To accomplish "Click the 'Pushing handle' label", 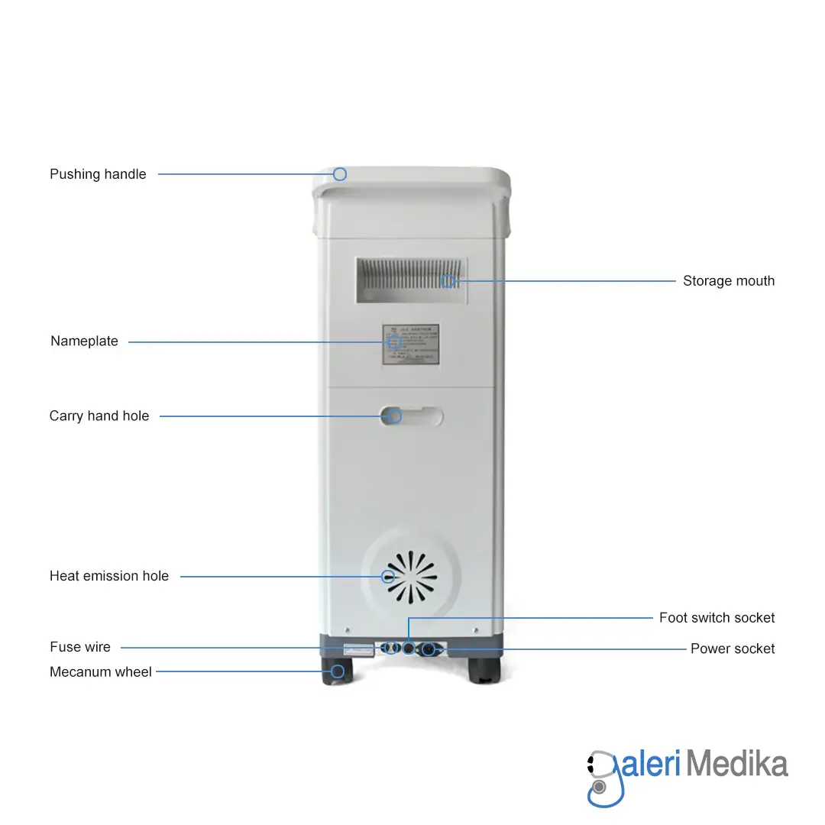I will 98,174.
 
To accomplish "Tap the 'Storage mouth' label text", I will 728,281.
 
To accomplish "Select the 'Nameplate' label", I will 84,341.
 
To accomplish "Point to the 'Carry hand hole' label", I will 99,416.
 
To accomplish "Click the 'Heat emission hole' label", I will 109,576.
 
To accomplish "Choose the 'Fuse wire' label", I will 80,647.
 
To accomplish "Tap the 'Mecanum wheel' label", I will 101,672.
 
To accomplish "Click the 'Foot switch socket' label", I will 717,617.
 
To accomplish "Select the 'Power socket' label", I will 732,649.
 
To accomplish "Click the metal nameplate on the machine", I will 411,346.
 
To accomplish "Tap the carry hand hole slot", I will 412,416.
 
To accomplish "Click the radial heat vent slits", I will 411,577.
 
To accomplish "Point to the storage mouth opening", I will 411,281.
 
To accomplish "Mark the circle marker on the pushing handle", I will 340,174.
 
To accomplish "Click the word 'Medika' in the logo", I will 736,764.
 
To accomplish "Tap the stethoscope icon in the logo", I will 603,778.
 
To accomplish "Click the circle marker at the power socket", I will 429,649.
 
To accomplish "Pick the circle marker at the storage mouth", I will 448,281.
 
